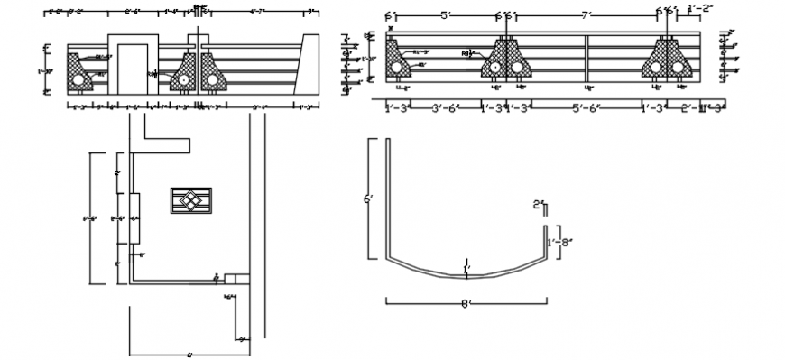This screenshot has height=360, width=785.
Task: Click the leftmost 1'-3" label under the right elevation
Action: coord(396,107)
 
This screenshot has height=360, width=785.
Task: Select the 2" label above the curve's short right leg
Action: coord(537,206)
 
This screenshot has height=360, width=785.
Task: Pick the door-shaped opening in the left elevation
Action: coord(128,65)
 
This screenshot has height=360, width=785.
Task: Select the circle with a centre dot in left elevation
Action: coord(184,79)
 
